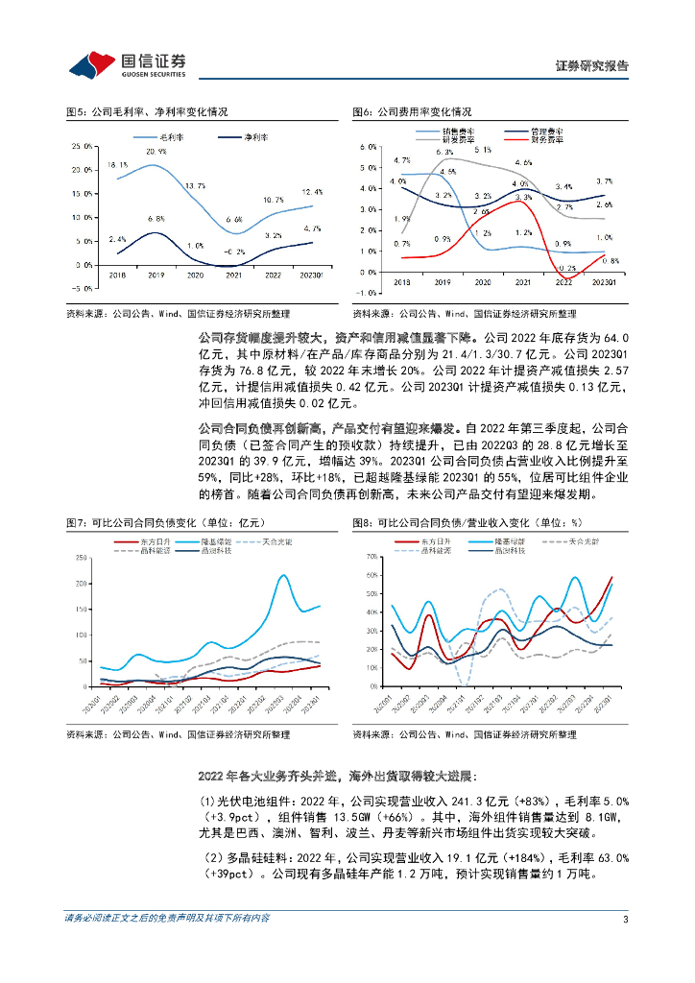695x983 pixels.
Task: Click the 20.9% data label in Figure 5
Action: [x=156, y=152]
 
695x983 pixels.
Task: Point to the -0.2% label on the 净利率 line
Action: [x=233, y=252]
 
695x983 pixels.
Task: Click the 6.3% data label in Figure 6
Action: [x=444, y=153]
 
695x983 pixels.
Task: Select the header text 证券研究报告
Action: [x=592, y=66]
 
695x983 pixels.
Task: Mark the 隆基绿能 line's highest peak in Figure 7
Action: [x=283, y=575]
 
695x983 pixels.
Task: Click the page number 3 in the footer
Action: [x=625, y=919]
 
